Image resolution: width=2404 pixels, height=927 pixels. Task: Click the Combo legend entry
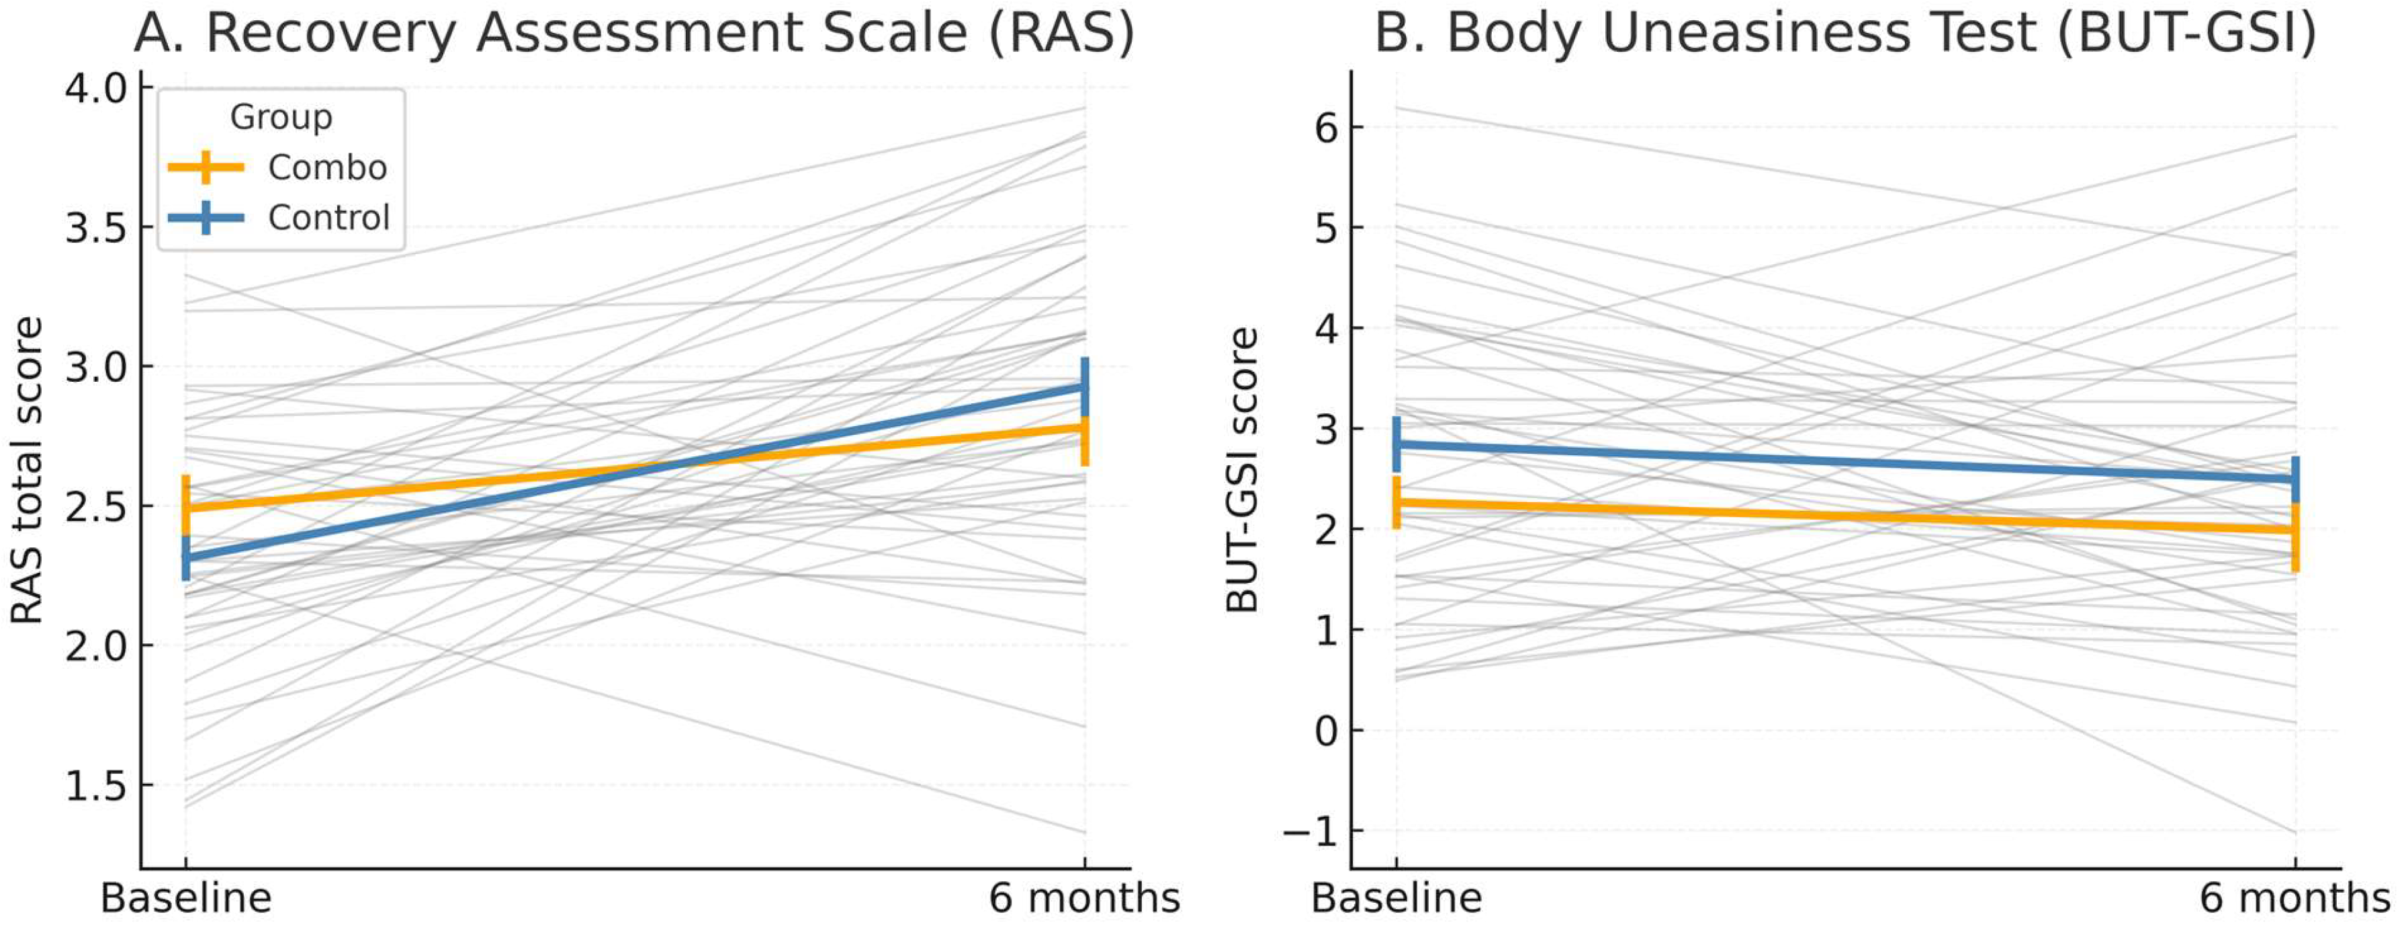(x=278, y=168)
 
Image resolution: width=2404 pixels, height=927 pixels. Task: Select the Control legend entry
(x=278, y=218)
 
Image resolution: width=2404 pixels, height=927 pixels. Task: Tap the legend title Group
(x=281, y=118)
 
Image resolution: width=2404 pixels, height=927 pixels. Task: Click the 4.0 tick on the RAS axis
(x=95, y=89)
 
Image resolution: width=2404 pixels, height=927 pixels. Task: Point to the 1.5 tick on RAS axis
(x=95, y=786)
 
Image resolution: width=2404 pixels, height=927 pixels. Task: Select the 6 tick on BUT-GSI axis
(x=1326, y=127)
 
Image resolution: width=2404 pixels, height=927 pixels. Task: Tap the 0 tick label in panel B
(x=1326, y=731)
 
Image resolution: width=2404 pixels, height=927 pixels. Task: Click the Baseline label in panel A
(x=185, y=898)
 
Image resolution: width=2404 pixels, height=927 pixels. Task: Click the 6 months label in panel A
(x=1084, y=898)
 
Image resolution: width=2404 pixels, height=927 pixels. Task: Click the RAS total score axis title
(x=26, y=471)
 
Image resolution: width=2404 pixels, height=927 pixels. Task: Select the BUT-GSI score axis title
(x=1241, y=471)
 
